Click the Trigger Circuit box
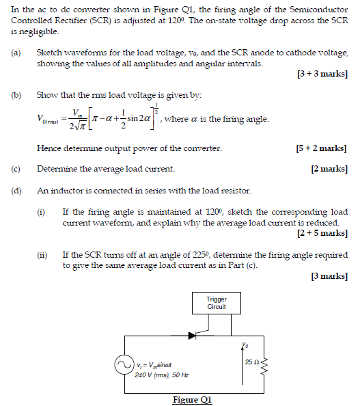click(x=217, y=303)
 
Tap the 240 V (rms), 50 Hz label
click(x=161, y=375)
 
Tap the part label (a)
click(x=15, y=53)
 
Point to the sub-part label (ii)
click(x=42, y=255)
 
